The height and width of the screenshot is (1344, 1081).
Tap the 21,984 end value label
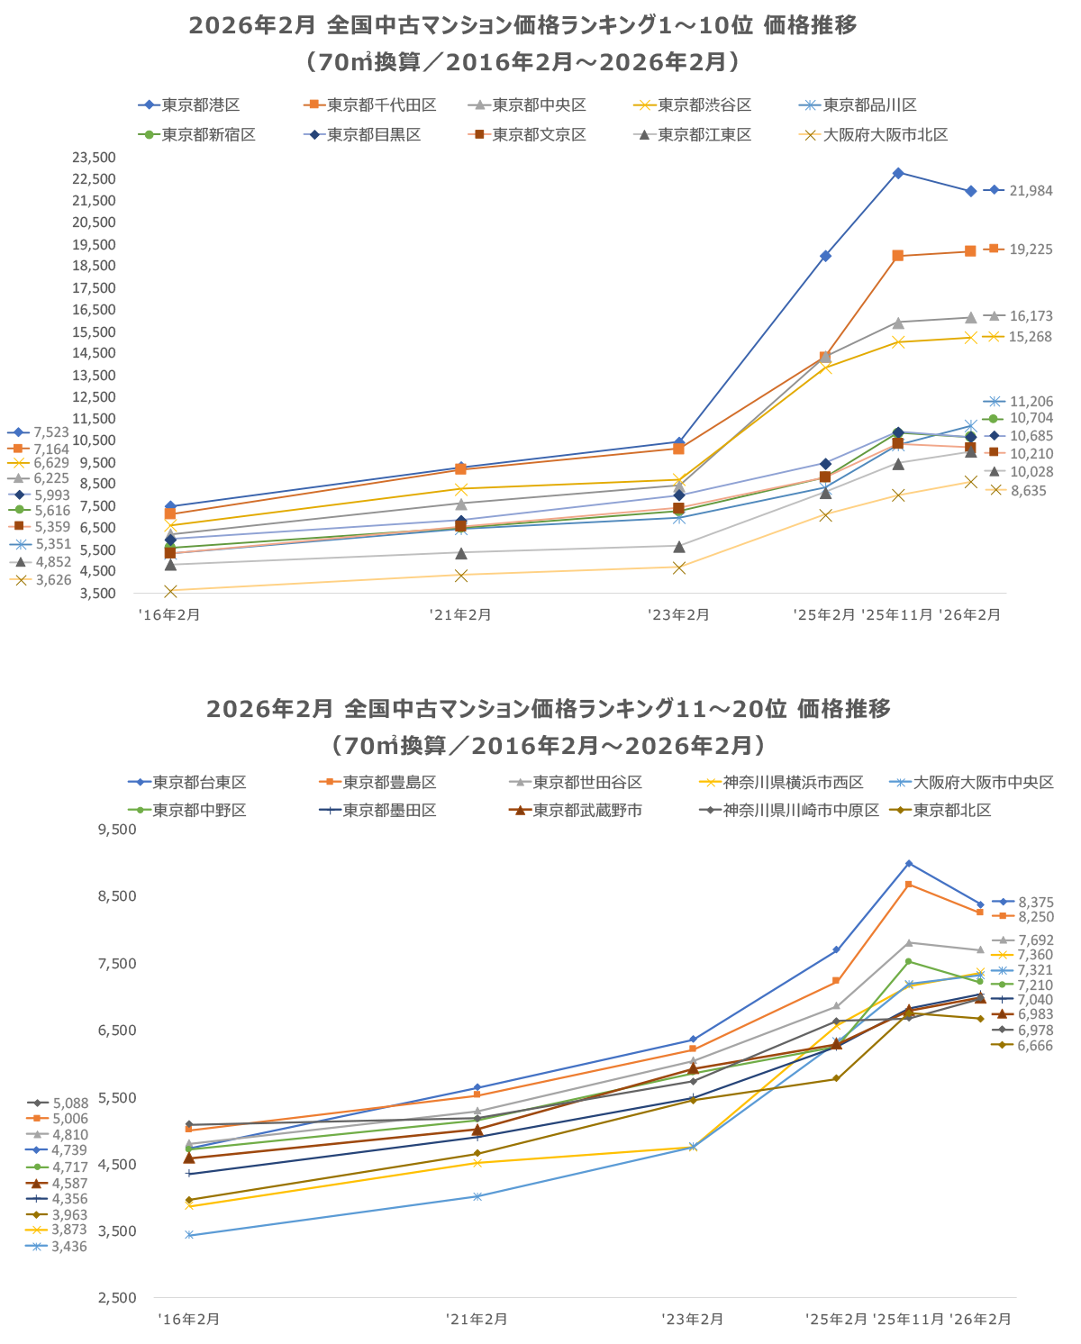point(1031,191)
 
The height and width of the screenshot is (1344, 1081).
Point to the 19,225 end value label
point(1031,250)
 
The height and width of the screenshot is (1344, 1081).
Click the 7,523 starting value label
point(51,432)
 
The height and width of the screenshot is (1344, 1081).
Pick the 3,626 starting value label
point(51,580)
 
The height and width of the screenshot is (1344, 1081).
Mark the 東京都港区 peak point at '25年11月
point(898,173)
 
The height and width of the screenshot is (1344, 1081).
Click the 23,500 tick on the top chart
point(94,157)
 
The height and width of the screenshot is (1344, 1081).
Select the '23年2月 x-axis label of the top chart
point(678,615)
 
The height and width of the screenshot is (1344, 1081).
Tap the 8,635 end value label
point(1028,491)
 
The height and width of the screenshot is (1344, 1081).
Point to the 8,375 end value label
point(1035,903)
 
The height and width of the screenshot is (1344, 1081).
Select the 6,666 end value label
point(1035,1046)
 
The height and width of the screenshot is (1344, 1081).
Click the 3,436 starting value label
point(69,1247)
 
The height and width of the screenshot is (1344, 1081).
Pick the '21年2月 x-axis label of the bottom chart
point(477,1320)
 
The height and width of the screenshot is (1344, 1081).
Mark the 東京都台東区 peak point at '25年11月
point(909,864)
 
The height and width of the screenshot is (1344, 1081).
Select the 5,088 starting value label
point(69,1103)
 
